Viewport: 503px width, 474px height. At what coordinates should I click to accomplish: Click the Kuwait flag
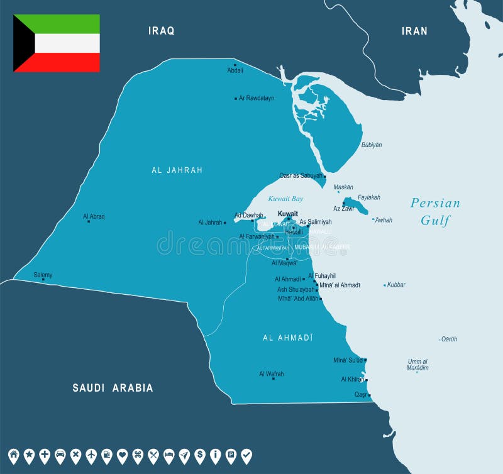(57, 43)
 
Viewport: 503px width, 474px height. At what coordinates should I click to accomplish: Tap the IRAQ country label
(161, 30)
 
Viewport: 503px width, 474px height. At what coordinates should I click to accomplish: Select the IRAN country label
(414, 31)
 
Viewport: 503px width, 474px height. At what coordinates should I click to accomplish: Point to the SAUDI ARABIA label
(113, 388)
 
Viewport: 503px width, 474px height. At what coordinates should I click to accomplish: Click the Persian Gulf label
(435, 211)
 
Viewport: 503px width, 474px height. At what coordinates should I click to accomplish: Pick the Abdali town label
(235, 70)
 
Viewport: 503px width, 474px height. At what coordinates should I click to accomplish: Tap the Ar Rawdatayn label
(257, 98)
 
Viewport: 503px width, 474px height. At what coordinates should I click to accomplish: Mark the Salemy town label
(43, 275)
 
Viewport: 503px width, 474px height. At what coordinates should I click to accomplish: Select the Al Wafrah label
(271, 373)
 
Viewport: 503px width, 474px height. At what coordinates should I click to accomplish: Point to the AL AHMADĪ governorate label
(287, 338)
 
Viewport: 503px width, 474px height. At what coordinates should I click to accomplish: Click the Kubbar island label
(396, 285)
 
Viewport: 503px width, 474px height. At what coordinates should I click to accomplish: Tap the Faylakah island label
(369, 197)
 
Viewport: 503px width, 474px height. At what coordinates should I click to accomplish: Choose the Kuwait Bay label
(285, 199)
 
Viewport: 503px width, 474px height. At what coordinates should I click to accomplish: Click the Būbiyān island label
(372, 145)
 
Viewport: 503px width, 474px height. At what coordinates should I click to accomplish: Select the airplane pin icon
(91, 455)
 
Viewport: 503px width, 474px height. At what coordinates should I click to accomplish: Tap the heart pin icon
(122, 455)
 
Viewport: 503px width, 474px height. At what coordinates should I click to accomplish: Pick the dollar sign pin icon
(199, 455)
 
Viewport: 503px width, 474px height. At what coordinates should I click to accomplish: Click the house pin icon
(14, 455)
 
